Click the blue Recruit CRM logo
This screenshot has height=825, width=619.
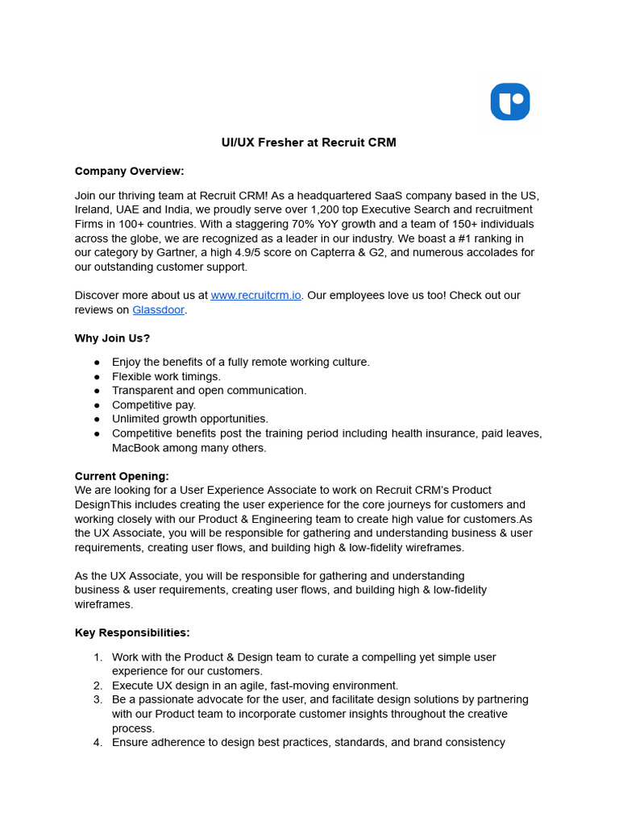coord(510,102)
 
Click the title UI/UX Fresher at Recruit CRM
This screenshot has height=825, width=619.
coord(309,143)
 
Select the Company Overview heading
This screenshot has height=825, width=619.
coord(129,171)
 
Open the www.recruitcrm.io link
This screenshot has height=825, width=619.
coord(255,296)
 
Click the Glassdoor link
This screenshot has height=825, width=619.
coord(158,310)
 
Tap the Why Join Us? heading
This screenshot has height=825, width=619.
coord(112,338)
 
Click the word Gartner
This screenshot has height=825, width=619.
coord(178,253)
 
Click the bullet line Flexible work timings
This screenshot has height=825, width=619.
coord(166,376)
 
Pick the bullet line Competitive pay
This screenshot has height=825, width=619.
coord(154,405)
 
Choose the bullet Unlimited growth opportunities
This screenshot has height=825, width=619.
coord(190,419)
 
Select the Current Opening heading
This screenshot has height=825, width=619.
coord(122,476)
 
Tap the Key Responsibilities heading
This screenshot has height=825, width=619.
coord(132,632)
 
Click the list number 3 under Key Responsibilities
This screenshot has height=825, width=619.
coord(97,700)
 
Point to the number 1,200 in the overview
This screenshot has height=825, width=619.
coord(326,209)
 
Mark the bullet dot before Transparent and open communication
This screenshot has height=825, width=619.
coord(97,391)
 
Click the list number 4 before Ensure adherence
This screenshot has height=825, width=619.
coord(97,743)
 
